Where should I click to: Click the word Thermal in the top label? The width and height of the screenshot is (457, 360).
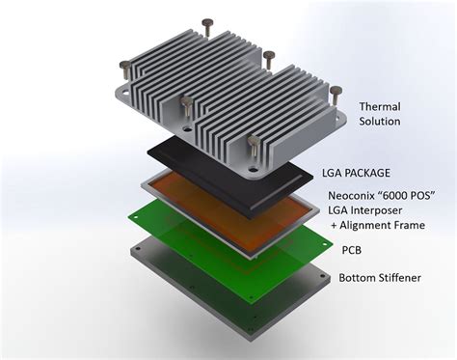point(381,105)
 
